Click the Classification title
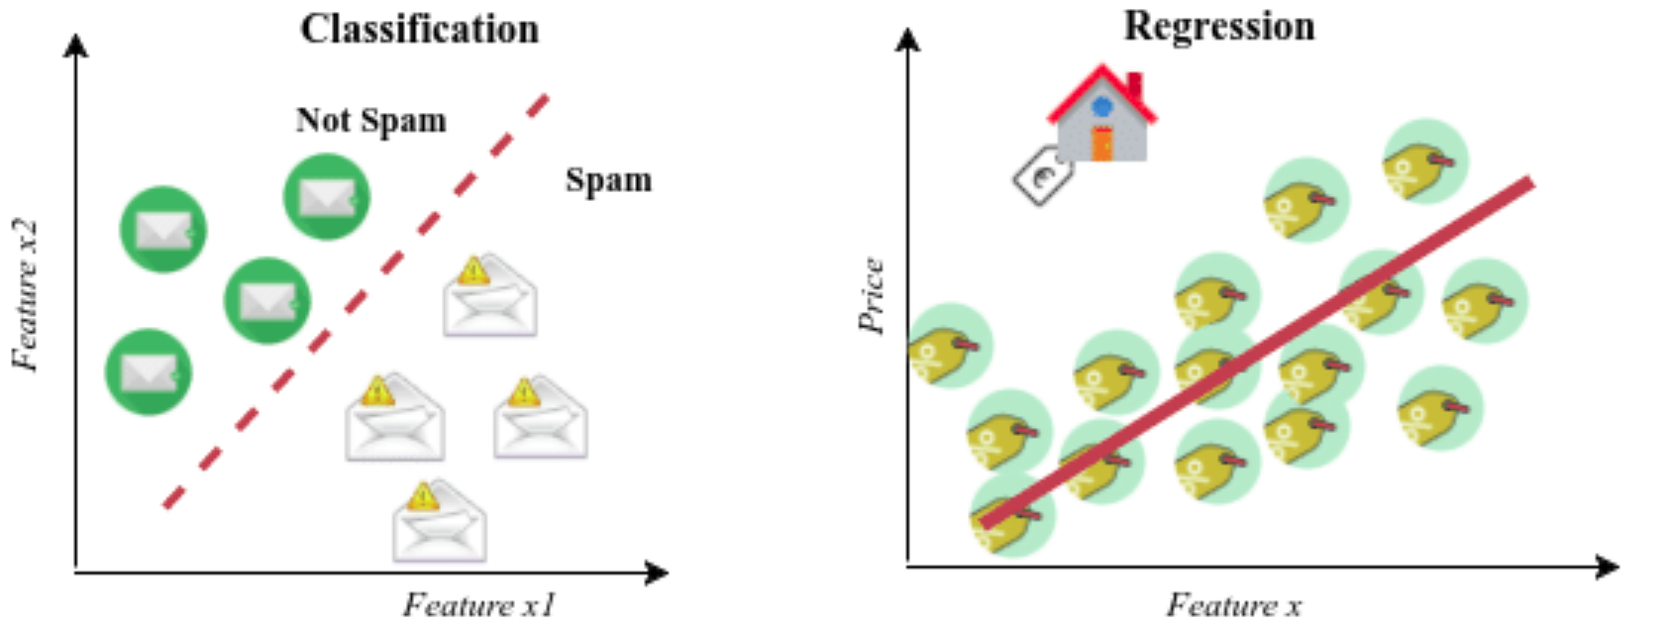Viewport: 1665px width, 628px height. (x=420, y=29)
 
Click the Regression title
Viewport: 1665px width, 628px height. (x=1218, y=26)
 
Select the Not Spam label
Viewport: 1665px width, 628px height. (x=370, y=120)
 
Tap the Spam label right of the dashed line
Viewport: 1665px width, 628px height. (x=608, y=180)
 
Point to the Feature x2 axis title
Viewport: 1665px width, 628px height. (x=27, y=295)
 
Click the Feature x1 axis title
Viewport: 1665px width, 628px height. (x=479, y=604)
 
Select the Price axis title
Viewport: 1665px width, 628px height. (x=872, y=295)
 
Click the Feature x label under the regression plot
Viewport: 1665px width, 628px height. (x=1233, y=604)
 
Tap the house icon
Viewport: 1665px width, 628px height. (x=1101, y=116)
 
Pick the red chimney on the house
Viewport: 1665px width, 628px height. (x=1134, y=84)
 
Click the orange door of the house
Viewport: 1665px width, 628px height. (x=1101, y=144)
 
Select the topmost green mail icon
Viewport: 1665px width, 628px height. (x=327, y=196)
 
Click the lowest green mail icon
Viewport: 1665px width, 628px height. (x=149, y=371)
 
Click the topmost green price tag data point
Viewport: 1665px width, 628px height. (x=1424, y=161)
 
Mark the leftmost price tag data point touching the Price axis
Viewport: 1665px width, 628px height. (x=949, y=346)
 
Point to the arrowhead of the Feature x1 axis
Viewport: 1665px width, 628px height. (x=658, y=572)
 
